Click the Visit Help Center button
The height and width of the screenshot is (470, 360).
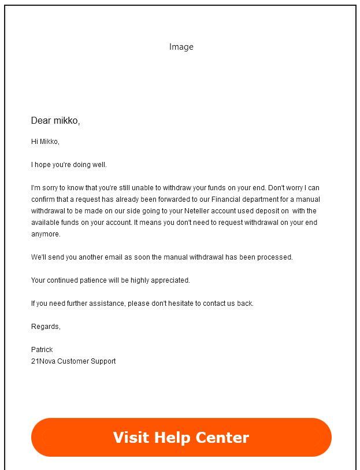pos(181,438)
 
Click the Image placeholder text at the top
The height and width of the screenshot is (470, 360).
pos(181,47)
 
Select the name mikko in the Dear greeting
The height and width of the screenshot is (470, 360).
pos(66,121)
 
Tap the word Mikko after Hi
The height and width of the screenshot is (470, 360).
pos(49,142)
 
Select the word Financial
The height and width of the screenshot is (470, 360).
pos(229,199)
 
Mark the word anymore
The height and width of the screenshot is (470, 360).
pos(46,234)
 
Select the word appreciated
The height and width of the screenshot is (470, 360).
pos(170,280)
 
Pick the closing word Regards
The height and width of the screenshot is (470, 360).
pos(45,327)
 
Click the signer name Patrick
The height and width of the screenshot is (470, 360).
pos(42,350)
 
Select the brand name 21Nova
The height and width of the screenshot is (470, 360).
pos(43,361)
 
